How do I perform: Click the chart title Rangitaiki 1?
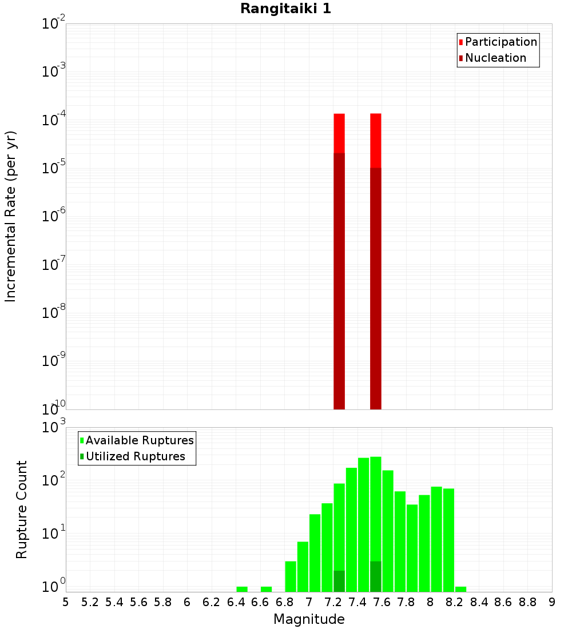pos(285,9)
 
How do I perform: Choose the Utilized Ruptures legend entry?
pos(135,456)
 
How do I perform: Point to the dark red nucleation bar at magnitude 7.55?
pos(376,286)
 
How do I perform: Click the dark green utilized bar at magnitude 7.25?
pos(339,581)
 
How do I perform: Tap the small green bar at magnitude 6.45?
pos(242,589)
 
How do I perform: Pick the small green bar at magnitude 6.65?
pos(266,589)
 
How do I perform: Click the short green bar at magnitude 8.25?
pos(461,589)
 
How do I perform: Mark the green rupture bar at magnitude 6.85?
pos(291,576)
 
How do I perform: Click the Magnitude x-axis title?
pos(309,619)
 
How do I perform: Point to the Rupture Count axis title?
pos(22,509)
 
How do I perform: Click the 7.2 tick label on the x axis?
pos(333,602)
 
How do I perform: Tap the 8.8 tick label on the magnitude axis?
pos(527,602)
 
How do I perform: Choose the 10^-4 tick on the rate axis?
pos(54,120)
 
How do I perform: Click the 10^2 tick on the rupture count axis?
pos(54,480)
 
